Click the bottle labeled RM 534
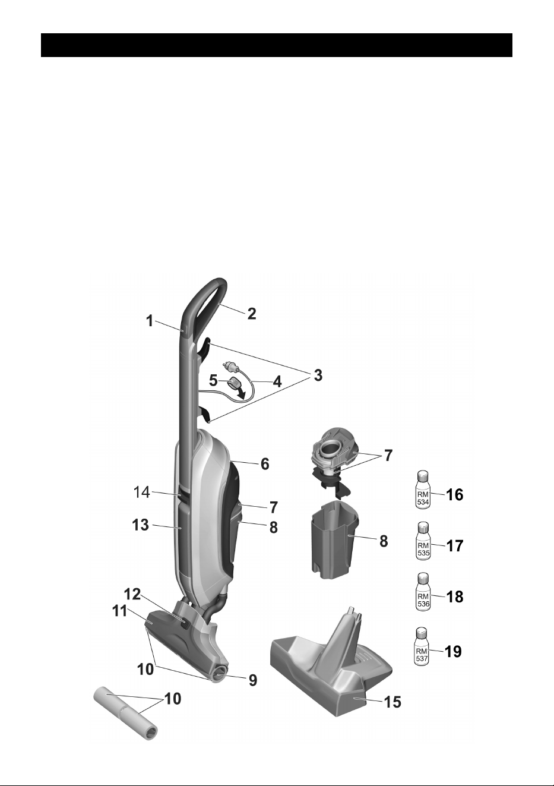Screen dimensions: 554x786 423,489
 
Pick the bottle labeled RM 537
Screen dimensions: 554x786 422,646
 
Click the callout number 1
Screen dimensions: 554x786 150,321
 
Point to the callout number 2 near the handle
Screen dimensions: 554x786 251,313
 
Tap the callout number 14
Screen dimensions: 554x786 142,492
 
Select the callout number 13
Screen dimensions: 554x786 140,525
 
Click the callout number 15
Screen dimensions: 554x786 392,702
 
